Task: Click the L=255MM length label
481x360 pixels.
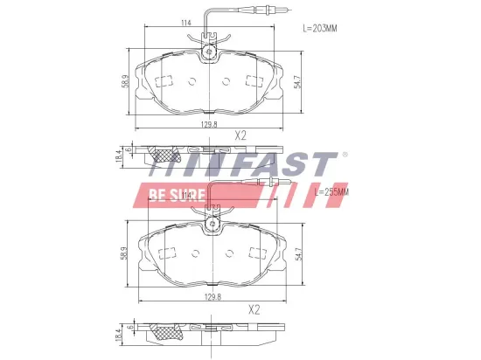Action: (x=331, y=191)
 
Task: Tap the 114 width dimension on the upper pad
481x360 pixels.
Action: (x=186, y=23)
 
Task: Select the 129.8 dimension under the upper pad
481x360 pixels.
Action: (x=208, y=126)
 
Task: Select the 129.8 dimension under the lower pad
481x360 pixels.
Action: (x=208, y=297)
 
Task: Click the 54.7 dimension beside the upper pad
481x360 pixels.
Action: (x=298, y=81)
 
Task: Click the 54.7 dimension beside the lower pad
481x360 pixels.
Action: (x=298, y=253)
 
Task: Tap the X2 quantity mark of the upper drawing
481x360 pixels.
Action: (x=240, y=135)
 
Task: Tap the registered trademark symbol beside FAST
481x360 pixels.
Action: (x=344, y=155)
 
